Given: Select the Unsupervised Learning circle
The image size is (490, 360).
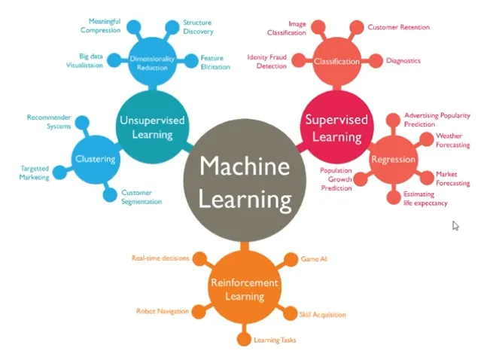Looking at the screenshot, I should pyautogui.click(x=151, y=127).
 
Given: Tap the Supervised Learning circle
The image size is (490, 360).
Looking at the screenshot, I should pyautogui.click(x=336, y=127).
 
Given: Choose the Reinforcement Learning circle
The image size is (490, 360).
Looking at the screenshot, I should pyautogui.click(x=245, y=288).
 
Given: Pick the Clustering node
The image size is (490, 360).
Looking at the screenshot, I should pyautogui.click(x=95, y=159).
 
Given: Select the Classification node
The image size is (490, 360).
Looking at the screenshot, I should pyautogui.click(x=336, y=62).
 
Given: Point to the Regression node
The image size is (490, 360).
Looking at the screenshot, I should pyautogui.click(x=393, y=160).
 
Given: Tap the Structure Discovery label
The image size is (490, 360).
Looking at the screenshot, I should pyautogui.click(x=198, y=27).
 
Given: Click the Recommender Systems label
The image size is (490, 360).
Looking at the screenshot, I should pyautogui.click(x=49, y=121).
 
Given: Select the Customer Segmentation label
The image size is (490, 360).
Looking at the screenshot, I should pyautogui.click(x=142, y=197).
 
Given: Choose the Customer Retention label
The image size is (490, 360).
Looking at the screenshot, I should pyautogui.click(x=398, y=27).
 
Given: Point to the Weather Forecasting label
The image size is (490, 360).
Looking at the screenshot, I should pyautogui.click(x=453, y=140).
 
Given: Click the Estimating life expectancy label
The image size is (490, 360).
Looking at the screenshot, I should pyautogui.click(x=426, y=199).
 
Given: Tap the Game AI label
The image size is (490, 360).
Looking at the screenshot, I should pyautogui.click(x=313, y=258).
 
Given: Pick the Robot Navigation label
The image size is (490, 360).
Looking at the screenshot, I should pyautogui.click(x=162, y=310).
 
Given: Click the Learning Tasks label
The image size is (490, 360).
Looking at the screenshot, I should pyautogui.click(x=274, y=340).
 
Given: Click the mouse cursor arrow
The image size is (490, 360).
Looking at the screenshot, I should pyautogui.click(x=455, y=225).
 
